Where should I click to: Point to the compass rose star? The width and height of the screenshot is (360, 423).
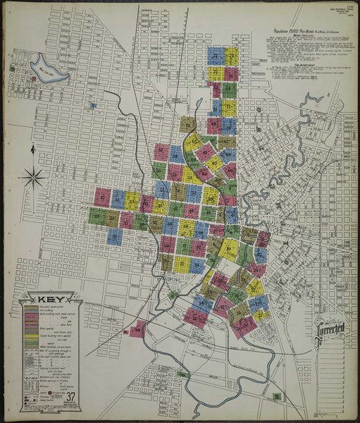32,177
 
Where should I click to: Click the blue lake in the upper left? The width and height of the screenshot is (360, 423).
47,69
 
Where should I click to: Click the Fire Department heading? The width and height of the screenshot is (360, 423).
296,64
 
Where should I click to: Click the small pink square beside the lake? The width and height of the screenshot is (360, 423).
35,80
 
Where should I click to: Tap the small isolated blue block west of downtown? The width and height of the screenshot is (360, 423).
94,106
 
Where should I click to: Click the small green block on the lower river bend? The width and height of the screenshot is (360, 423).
174,294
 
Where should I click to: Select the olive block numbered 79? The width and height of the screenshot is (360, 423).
187,124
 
